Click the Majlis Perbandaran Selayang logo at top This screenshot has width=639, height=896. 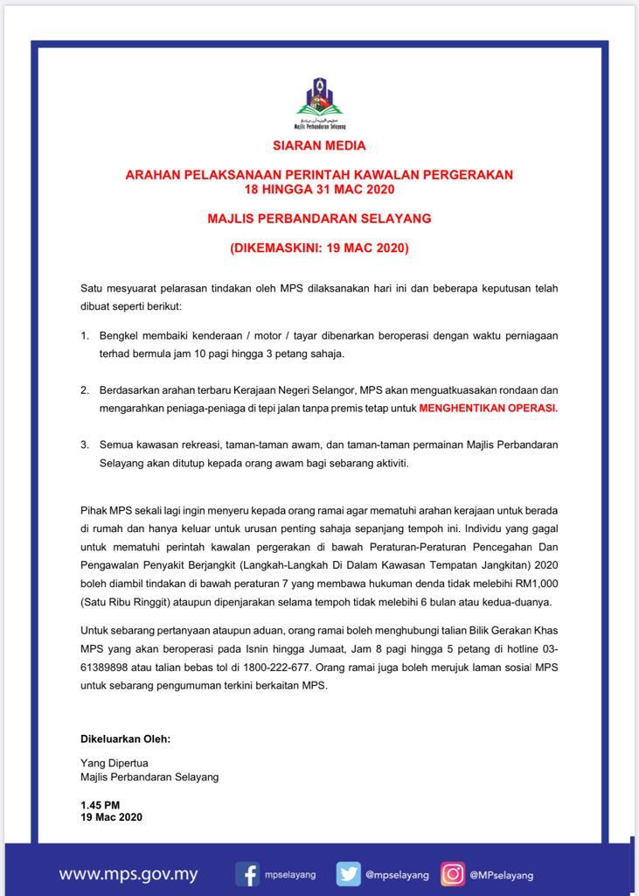[319, 102]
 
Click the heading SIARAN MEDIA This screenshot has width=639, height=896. [319, 146]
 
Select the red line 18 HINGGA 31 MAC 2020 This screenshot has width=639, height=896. [319, 189]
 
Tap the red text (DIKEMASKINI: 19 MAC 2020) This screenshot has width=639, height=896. [319, 248]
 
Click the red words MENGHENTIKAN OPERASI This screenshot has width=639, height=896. [488, 408]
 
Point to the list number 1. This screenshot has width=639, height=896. [85, 336]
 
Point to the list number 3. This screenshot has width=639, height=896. [85, 444]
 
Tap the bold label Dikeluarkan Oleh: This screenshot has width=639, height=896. [125, 738]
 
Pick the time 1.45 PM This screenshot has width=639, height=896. [101, 804]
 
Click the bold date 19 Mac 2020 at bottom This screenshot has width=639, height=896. [111, 817]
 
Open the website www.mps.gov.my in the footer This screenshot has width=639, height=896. [128, 874]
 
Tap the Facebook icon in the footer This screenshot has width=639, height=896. [248, 874]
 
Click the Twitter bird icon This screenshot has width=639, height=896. [349, 874]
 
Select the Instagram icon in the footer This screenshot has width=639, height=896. [452, 874]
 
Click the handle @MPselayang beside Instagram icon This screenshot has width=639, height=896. [501, 875]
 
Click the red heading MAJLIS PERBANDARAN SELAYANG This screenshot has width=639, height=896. [319, 218]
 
